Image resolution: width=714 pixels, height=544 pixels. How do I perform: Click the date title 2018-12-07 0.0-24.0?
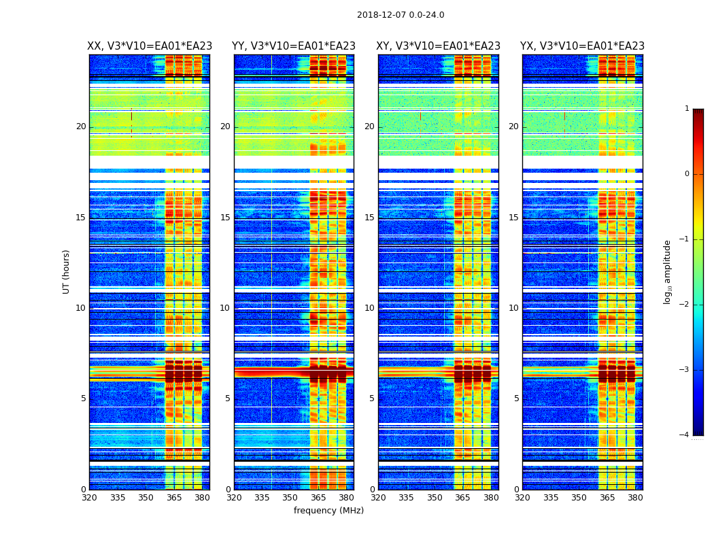pyautogui.click(x=401, y=15)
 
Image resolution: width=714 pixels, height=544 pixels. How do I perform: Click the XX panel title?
pyautogui.click(x=150, y=46)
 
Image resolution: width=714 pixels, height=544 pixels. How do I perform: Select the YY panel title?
pyautogui.click(x=294, y=46)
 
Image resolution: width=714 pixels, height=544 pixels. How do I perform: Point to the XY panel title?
pyautogui.click(x=439, y=46)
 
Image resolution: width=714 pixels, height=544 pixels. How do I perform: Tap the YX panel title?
pyautogui.click(x=583, y=46)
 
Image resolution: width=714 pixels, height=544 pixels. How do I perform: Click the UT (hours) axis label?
pyautogui.click(x=67, y=271)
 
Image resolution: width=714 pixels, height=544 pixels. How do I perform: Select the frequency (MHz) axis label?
pyautogui.click(x=328, y=511)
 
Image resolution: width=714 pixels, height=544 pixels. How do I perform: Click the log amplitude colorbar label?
pyautogui.click(x=668, y=271)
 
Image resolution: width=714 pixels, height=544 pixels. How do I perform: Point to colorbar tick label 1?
pyautogui.click(x=687, y=109)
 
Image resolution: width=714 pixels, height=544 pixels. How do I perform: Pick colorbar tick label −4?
pyautogui.click(x=685, y=435)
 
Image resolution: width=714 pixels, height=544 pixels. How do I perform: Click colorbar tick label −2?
pyautogui.click(x=685, y=305)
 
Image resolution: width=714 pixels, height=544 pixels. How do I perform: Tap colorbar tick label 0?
pyautogui.click(x=687, y=174)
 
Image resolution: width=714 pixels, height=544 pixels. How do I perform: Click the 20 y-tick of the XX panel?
pyautogui.click(x=81, y=126)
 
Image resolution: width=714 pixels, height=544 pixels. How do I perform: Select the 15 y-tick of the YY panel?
pyautogui.click(x=225, y=218)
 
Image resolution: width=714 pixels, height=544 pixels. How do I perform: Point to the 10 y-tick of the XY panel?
pyautogui.click(x=369, y=308)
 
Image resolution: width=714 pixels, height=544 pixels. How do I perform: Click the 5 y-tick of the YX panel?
pyautogui.click(x=516, y=398)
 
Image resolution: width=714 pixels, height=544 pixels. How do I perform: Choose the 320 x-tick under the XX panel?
pyautogui.click(x=89, y=498)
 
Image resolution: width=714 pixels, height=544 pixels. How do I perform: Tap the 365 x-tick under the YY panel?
pyautogui.click(x=318, y=498)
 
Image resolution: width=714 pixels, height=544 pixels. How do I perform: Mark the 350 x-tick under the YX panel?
pyautogui.click(x=579, y=498)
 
